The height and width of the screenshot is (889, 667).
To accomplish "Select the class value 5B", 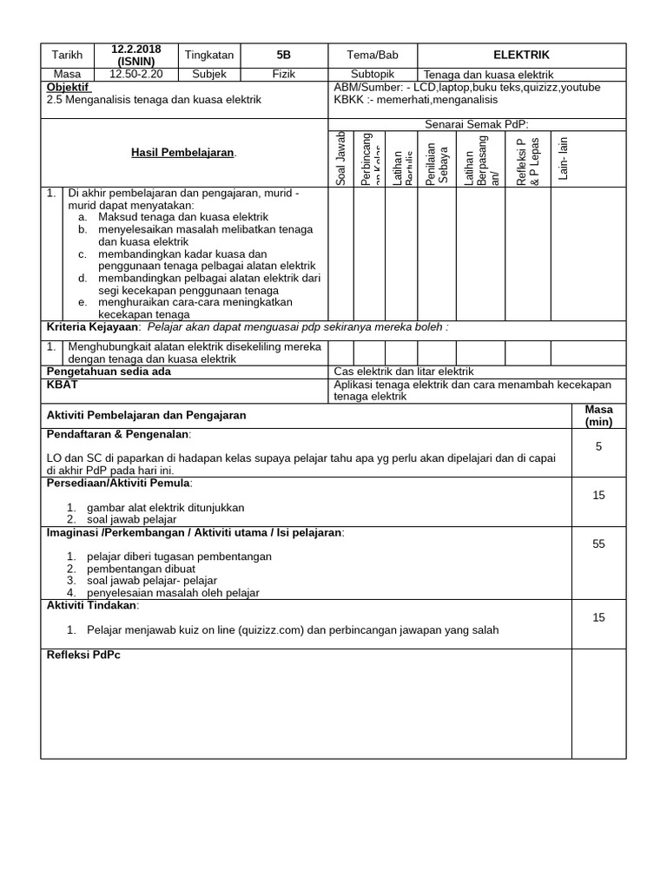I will pyautogui.click(x=284, y=54).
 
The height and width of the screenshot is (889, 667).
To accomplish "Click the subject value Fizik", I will pyautogui.click(x=284, y=75).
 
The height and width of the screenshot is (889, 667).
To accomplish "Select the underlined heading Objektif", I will pyautogui.click(x=69, y=87).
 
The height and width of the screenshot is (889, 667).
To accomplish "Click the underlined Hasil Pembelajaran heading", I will pyautogui.click(x=183, y=153).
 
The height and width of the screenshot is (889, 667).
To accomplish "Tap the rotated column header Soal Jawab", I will pyautogui.click(x=340, y=158).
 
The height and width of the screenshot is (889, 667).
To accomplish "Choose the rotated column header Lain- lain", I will pyautogui.click(x=563, y=158).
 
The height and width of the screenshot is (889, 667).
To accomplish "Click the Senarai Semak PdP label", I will pyautogui.click(x=476, y=124).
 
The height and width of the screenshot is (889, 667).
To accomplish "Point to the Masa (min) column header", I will pyautogui.click(x=598, y=416).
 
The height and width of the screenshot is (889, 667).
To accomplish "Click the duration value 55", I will pyautogui.click(x=598, y=544).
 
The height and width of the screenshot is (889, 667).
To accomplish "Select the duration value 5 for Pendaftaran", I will pyautogui.click(x=598, y=446).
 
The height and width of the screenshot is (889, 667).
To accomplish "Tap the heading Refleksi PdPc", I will pyautogui.click(x=83, y=655).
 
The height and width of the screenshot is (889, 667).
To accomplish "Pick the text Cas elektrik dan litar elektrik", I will pyautogui.click(x=404, y=372).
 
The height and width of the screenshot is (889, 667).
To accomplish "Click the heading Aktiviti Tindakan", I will pyautogui.click(x=92, y=605).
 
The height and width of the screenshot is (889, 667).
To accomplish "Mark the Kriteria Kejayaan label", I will pyautogui.click(x=92, y=327).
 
